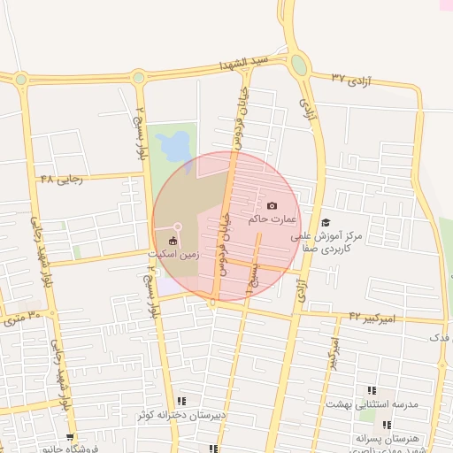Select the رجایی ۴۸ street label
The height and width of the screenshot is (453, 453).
pyautogui.click(x=61, y=178)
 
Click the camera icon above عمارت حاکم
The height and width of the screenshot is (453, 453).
pyautogui.click(x=272, y=205)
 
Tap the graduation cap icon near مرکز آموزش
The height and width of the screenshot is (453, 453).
pyautogui.click(x=326, y=223)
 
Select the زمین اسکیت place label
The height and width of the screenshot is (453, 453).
pyautogui.click(x=173, y=254)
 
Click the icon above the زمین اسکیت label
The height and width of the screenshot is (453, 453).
pyautogui.click(x=173, y=241)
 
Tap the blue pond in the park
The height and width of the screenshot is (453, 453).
pyautogui.click(x=175, y=142)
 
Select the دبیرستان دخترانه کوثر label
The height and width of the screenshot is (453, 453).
pyautogui.click(x=182, y=414)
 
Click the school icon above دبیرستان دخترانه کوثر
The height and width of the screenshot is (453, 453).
pyautogui.click(x=182, y=401)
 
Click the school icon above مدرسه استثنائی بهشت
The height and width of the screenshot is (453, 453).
pyautogui.click(x=372, y=390)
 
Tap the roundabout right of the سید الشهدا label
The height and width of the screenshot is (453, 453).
pyautogui.click(x=299, y=65)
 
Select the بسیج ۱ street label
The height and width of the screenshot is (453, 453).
pyautogui.click(x=253, y=283)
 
